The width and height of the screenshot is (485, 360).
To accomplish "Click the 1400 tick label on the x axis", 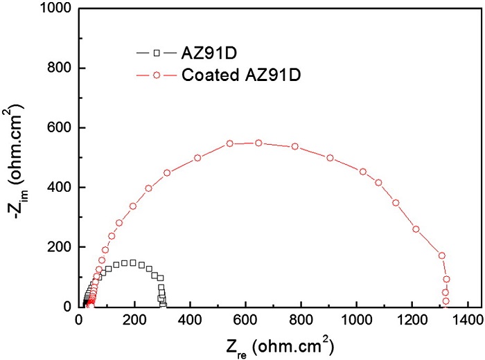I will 468,321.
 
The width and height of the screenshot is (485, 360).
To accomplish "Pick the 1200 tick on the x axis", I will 412,321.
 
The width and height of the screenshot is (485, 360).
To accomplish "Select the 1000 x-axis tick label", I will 356,321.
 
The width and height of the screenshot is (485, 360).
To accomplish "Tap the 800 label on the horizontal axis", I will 301,321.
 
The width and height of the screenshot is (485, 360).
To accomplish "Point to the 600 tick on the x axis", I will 245,321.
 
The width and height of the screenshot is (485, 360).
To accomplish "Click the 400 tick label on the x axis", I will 190,321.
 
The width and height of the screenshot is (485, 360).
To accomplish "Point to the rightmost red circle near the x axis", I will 446,301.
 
